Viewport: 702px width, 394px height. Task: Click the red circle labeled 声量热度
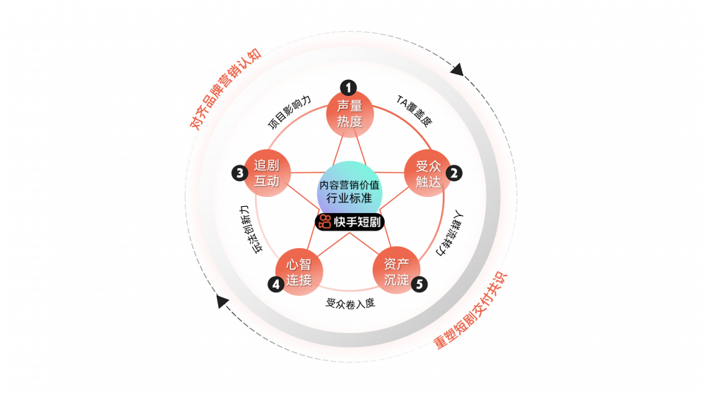pos(350,114)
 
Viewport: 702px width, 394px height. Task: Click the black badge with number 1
pos(348,87)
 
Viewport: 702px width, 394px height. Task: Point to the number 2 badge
pos(455,172)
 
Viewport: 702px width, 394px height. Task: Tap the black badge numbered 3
pos(240,172)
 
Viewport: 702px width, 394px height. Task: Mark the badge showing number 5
pos(419,284)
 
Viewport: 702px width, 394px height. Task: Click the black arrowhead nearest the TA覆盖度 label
pos(458,69)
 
